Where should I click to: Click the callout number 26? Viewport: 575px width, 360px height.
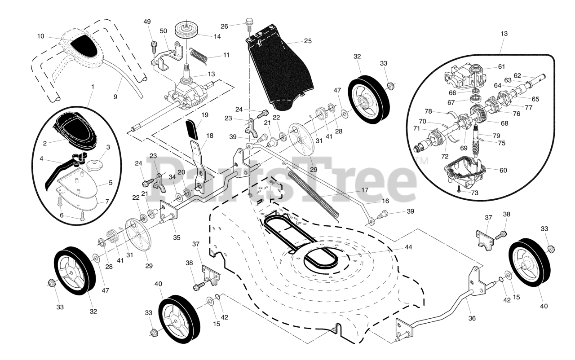(x=237, y=26)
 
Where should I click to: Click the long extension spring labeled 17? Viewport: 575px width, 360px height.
(x=314, y=191)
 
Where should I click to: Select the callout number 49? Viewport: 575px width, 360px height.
(x=147, y=22)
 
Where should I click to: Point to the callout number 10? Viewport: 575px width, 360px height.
(x=40, y=36)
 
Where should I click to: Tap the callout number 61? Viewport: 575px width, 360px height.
(x=501, y=67)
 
